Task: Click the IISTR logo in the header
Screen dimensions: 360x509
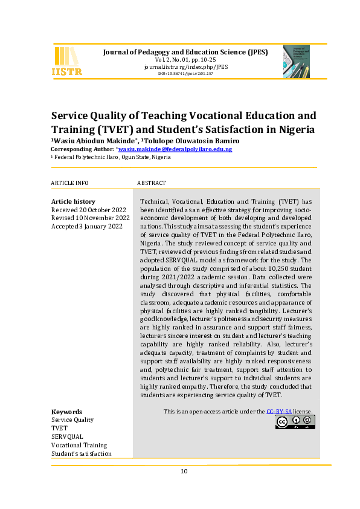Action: point(68,61)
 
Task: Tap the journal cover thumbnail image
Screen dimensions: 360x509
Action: point(297,60)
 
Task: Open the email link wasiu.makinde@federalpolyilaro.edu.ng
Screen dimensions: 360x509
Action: point(175,149)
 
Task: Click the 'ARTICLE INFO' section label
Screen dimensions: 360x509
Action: point(69,183)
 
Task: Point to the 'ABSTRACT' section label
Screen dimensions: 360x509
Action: point(152,183)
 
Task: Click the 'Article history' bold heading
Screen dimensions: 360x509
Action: point(73,201)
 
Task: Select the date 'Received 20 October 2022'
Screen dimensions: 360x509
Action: point(89,210)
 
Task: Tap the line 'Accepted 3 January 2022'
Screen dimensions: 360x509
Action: point(87,226)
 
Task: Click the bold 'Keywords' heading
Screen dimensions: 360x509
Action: point(66,412)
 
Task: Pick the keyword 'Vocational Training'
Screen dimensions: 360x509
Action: point(79,445)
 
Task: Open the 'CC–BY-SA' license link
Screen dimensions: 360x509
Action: point(280,412)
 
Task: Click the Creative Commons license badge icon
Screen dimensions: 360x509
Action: point(295,422)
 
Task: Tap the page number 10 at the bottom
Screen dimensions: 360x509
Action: point(184,472)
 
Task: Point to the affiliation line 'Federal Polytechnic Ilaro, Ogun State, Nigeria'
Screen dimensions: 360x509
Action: point(112,157)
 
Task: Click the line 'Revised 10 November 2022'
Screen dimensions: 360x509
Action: point(90,218)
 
